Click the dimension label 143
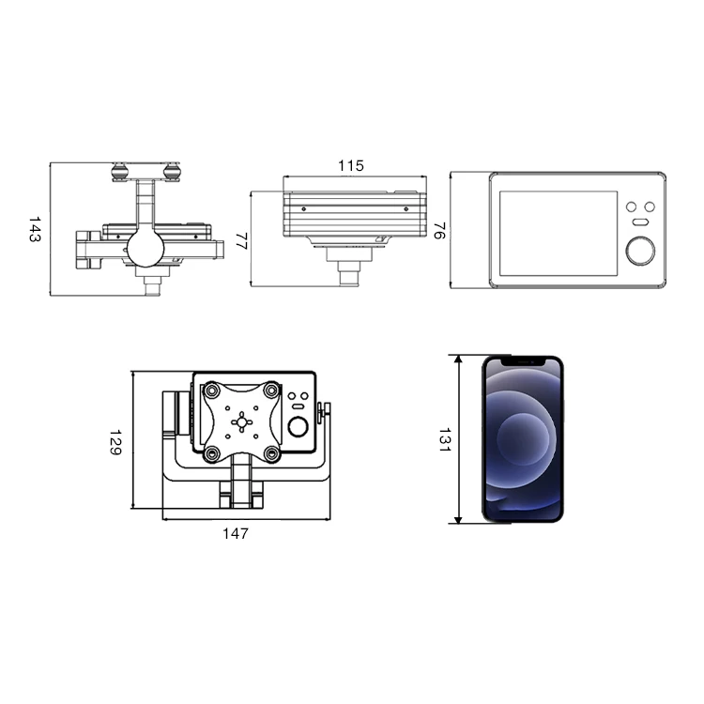pos(35,230)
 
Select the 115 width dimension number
pos(350,166)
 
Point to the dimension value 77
pos(239,239)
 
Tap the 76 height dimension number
pos(437,230)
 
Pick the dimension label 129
pos(115,443)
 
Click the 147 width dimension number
pos(236,534)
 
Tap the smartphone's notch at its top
pos(524,360)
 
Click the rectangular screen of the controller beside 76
pos(558,232)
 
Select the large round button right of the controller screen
pos(642,250)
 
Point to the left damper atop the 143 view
pos(119,171)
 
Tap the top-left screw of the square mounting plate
pos(212,389)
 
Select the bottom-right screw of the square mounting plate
pos(271,454)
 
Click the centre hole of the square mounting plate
pos(242,421)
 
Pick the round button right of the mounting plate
pos(299,428)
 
